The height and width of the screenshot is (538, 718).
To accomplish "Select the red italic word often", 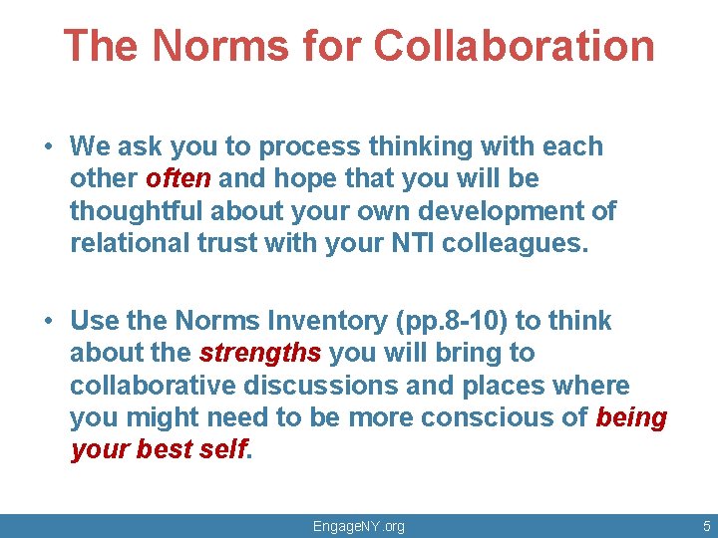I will tap(179, 179).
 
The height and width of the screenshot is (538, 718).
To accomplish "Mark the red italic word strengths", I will tap(260, 354).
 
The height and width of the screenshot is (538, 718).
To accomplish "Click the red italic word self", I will tap(224, 450).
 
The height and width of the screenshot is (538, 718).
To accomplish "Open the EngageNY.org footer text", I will tap(359, 525).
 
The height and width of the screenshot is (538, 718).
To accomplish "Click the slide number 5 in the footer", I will tap(706, 525).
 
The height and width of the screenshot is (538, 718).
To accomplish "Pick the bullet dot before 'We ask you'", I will tap(48, 147).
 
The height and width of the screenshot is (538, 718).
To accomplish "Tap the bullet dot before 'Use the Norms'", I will tap(48, 322).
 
